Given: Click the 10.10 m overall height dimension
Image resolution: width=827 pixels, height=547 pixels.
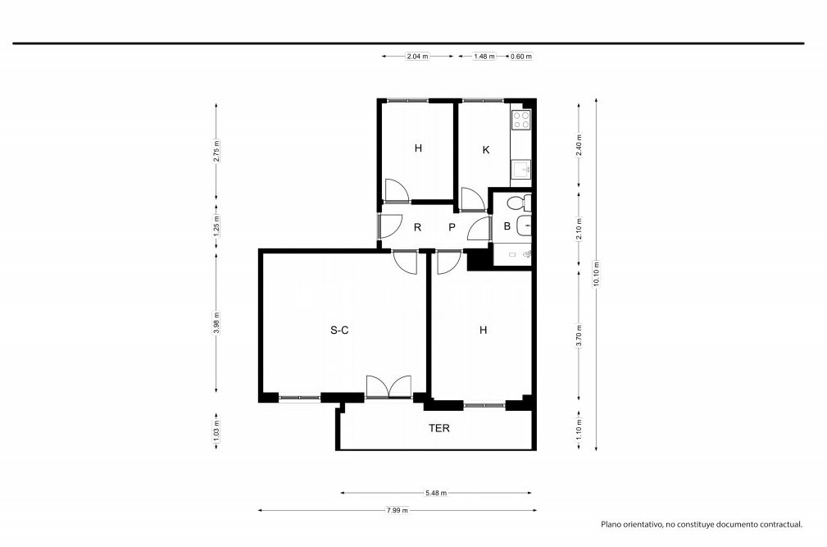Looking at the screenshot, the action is (596, 274).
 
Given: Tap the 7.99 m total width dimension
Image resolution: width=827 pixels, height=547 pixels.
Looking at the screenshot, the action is (398, 510).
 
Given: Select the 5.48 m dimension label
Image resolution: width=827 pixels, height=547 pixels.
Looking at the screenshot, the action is (436, 493).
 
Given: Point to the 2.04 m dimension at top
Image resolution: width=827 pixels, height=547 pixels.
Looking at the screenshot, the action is (417, 56).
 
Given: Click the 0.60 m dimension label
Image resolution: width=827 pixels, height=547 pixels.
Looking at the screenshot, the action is (521, 56).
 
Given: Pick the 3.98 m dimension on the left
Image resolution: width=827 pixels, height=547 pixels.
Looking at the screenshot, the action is (216, 322).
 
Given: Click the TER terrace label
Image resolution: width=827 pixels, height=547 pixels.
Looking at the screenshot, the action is (438, 428).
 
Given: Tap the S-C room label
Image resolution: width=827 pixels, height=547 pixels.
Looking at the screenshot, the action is (339, 330).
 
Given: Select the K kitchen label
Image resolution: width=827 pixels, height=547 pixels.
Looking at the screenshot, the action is (486, 150).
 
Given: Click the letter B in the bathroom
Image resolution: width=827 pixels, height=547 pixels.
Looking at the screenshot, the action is (507, 226).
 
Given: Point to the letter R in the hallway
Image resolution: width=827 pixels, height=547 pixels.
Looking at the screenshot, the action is (417, 227).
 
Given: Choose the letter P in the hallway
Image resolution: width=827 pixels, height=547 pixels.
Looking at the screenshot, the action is (452, 227).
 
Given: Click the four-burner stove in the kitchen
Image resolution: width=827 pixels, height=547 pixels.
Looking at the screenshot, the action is (521, 121).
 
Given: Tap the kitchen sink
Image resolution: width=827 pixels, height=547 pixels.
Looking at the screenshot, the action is (521, 170).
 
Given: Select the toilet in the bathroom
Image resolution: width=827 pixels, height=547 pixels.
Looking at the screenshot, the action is (520, 203).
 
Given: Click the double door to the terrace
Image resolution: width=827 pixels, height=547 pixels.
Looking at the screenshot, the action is (389, 386).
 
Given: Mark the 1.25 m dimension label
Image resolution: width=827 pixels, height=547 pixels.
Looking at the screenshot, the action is (216, 226).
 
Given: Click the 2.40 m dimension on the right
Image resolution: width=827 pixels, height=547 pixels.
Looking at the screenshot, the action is (579, 146).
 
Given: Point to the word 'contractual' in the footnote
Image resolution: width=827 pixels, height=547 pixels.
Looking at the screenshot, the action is (779, 524).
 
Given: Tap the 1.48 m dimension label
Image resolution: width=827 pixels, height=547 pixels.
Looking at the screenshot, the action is (484, 56).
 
